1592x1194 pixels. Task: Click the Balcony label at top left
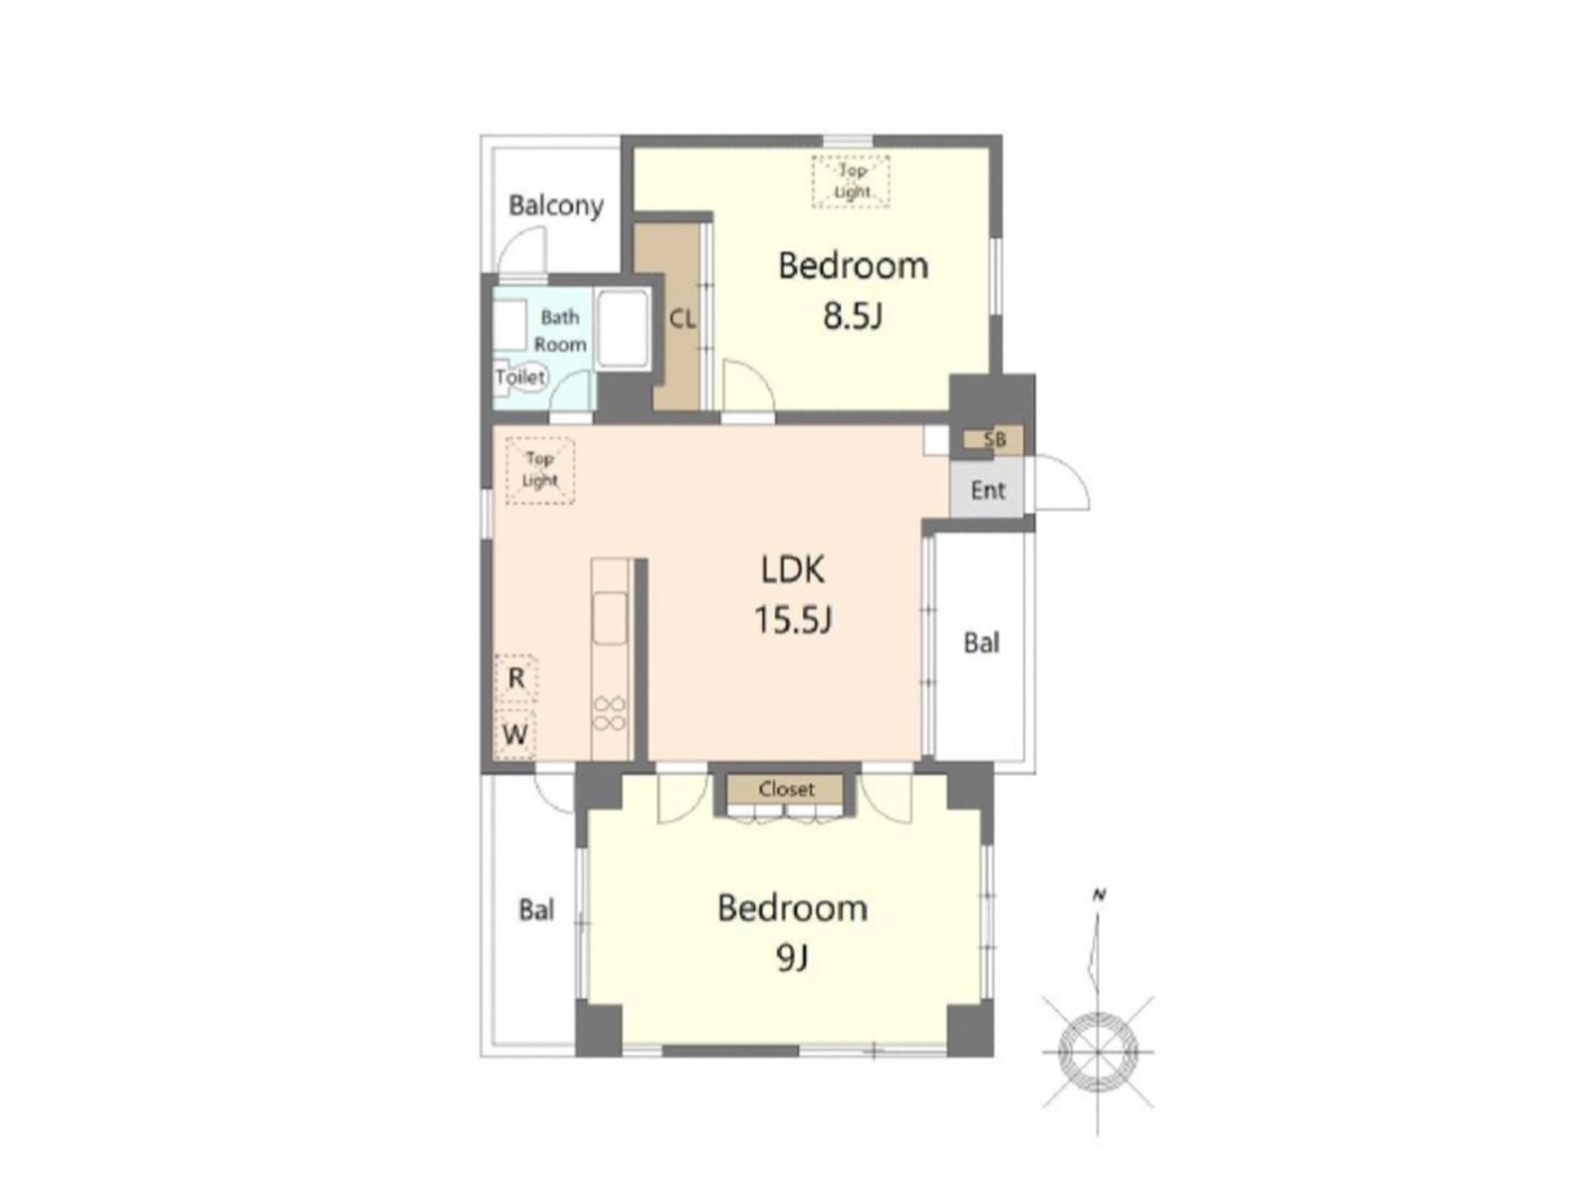(556, 206)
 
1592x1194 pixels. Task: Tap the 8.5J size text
(853, 316)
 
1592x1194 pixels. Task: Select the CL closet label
(683, 319)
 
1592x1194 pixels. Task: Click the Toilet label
(521, 377)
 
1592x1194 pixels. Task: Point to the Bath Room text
(560, 330)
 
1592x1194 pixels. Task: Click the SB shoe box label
(995, 440)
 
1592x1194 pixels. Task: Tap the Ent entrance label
(988, 491)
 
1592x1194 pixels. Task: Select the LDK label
(792, 570)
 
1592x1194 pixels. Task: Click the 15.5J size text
(793, 620)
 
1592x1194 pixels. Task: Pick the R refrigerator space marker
(516, 679)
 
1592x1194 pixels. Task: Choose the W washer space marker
(515, 734)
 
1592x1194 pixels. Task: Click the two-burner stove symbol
(610, 714)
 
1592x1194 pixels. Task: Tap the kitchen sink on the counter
(610, 617)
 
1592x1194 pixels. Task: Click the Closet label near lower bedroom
(787, 790)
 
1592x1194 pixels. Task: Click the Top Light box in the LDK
(540, 470)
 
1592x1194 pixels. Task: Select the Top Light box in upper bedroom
(851, 181)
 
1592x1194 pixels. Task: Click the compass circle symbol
(1098, 1052)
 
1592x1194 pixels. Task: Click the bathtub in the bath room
(623, 329)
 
